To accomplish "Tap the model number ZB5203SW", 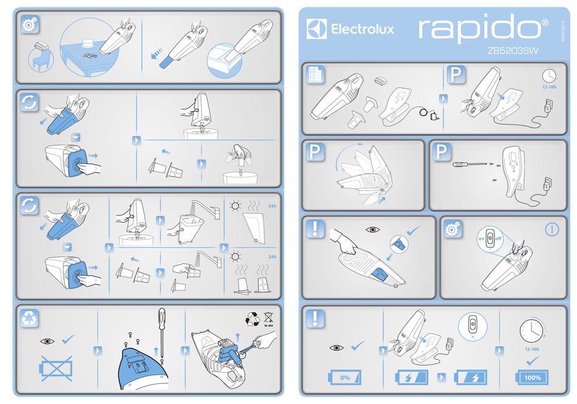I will point(512,52).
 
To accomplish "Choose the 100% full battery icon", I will point(531,377).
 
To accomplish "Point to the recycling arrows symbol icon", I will point(29,318).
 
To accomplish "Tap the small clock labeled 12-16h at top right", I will point(548,75).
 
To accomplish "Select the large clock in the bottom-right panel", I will point(531,331).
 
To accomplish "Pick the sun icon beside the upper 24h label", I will point(234,207).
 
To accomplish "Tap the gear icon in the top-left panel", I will point(29,25).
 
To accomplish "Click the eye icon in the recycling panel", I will point(48,341).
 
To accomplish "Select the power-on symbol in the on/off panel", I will point(551,230).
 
